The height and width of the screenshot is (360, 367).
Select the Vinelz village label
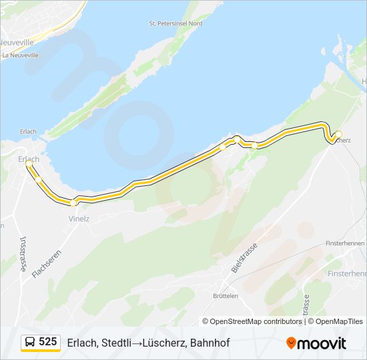tap(79, 219)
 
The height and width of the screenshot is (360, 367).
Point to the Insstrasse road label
tap(23, 254)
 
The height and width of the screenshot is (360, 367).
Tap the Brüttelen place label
tap(225, 295)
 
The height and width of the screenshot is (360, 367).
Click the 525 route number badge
tap(48, 342)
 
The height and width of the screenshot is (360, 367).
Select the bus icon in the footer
tap(31, 342)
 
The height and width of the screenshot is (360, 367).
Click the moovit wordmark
tap(322, 343)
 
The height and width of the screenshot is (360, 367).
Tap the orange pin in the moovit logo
tap(291, 343)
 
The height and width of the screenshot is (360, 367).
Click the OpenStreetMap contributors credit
tap(252, 321)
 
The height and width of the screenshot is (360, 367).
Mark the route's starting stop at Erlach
tap(29, 163)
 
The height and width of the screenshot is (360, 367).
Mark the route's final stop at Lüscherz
tap(338, 134)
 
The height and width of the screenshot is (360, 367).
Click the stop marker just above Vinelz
tap(74, 201)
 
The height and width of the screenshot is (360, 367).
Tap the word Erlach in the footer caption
tap(81, 343)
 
